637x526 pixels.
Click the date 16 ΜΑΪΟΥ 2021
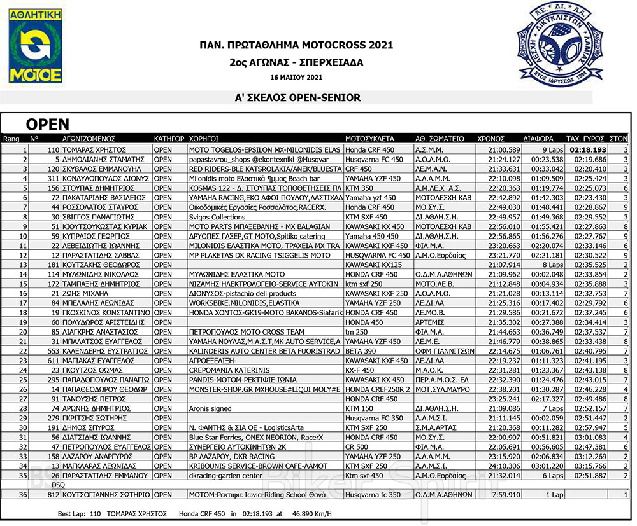pyautogui.click(x=296, y=78)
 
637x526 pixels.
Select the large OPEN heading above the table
pyautogui.click(x=47, y=124)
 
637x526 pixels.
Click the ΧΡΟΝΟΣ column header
pyautogui.click(x=490, y=138)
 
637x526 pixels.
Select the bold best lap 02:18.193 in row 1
pyautogui.click(x=587, y=149)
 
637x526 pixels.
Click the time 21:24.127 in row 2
pyautogui.click(x=505, y=159)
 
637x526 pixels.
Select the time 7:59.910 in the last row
pyautogui.click(x=507, y=495)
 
